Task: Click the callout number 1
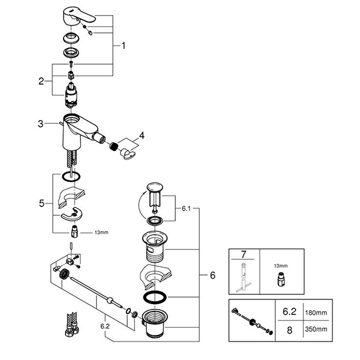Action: pos(123,45)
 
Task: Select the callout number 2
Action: pos(41,82)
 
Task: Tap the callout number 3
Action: pos(40,124)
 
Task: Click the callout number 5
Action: pos(41,204)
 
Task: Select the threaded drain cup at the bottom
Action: pos(157,325)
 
